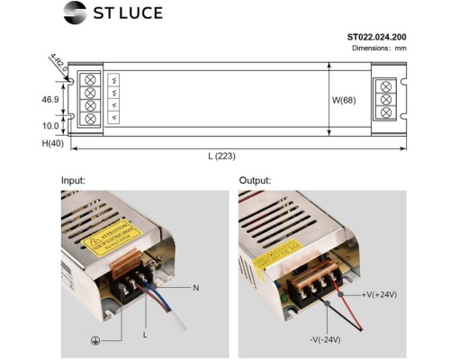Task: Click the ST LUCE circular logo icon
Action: point(76,13)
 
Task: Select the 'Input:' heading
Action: point(73,180)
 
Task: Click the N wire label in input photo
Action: point(195,288)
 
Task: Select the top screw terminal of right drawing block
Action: point(388,86)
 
